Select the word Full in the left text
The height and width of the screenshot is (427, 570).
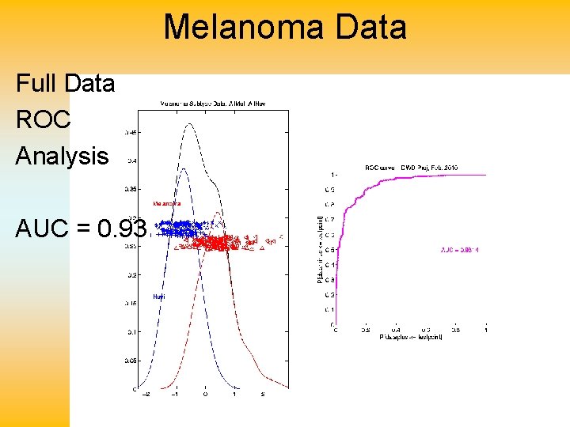pyautogui.click(x=37, y=83)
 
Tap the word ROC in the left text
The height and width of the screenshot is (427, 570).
pyautogui.click(x=43, y=119)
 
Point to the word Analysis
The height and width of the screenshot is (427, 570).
pyautogui.click(x=62, y=156)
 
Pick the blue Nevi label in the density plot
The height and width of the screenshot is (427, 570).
pyautogui.click(x=158, y=297)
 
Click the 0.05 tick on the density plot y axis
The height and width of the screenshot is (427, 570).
pyautogui.click(x=131, y=360)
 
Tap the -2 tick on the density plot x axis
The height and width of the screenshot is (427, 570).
pyautogui.click(x=143, y=394)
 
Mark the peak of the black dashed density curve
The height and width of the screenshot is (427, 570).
pyautogui.click(x=187, y=124)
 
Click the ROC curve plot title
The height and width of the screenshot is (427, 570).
pyautogui.click(x=411, y=168)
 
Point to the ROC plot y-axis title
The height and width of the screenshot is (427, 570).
pyautogui.click(x=318, y=248)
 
